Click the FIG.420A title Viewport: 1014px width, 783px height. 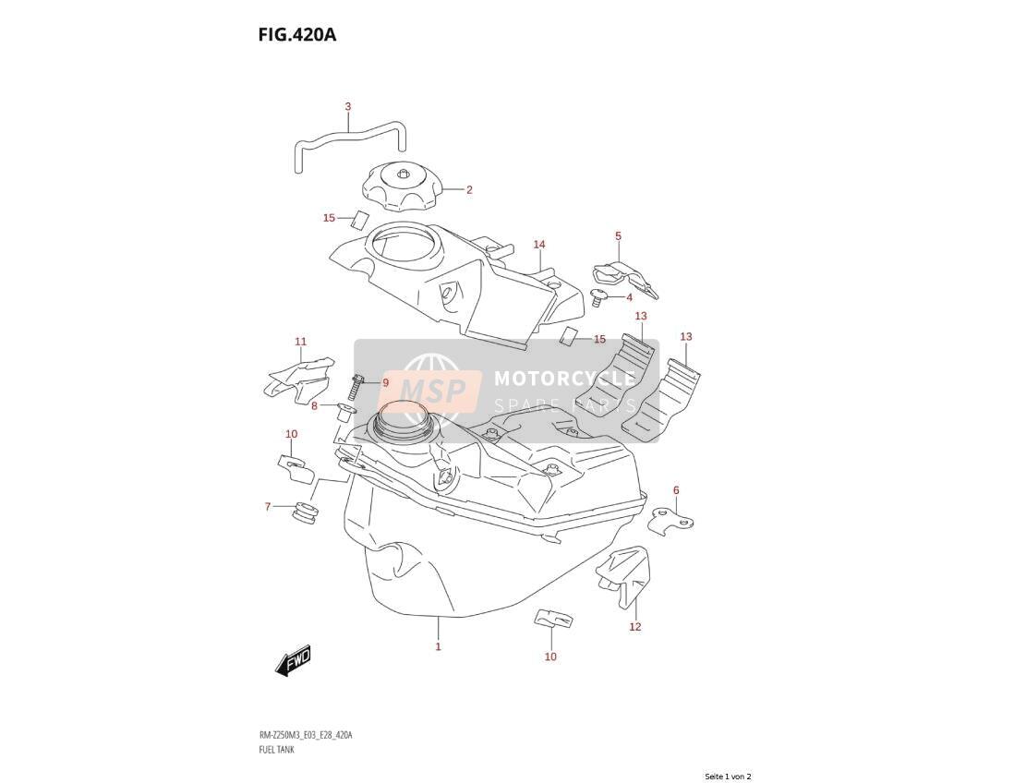click(296, 34)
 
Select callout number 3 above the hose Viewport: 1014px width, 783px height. click(347, 106)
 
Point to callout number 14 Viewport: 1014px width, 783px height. click(539, 244)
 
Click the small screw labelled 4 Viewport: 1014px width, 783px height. click(599, 298)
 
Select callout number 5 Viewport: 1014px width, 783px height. click(618, 236)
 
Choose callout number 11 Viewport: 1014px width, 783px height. click(301, 342)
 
